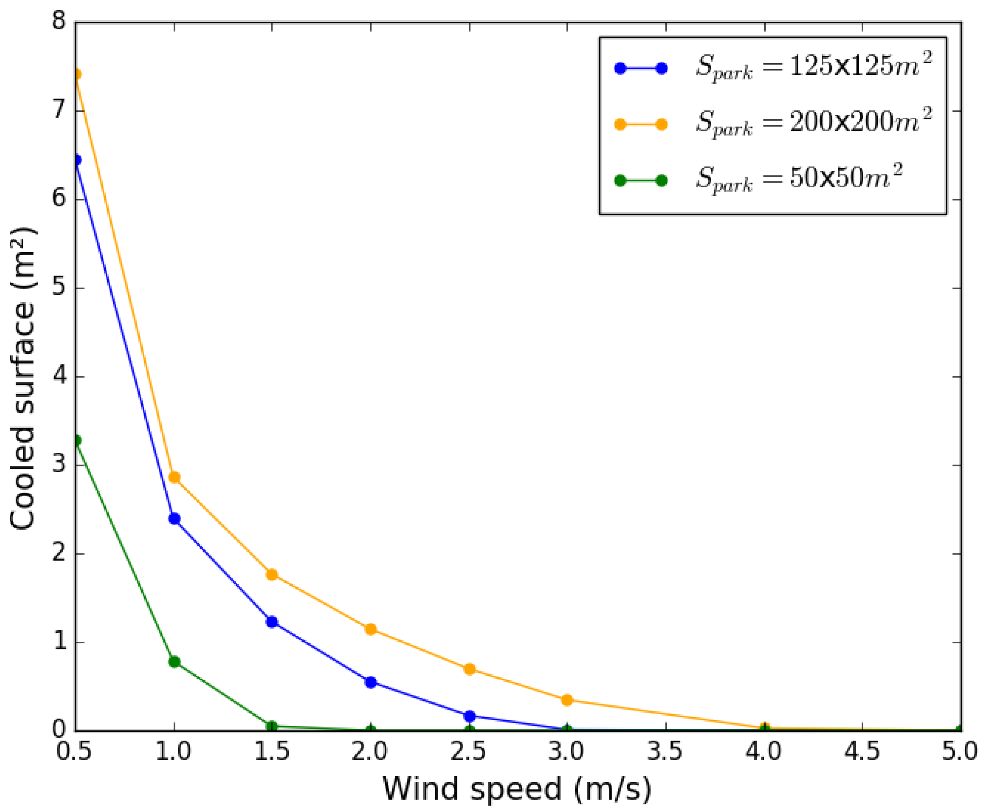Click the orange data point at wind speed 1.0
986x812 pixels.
[x=174, y=477]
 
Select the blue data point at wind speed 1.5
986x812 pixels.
[x=272, y=622]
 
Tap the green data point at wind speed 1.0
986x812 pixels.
[x=174, y=662]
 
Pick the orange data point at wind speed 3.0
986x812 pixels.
[x=567, y=700]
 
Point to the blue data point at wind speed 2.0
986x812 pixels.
[x=370, y=682]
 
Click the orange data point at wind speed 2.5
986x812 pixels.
[x=469, y=669]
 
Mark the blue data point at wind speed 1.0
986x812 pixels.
[x=174, y=518]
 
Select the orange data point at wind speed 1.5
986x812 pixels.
[x=272, y=574]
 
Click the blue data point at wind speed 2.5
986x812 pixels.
[x=469, y=716]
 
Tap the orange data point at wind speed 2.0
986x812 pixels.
[x=370, y=629]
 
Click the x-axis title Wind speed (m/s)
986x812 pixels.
[x=517, y=789]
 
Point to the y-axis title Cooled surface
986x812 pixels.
[x=23, y=379]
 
